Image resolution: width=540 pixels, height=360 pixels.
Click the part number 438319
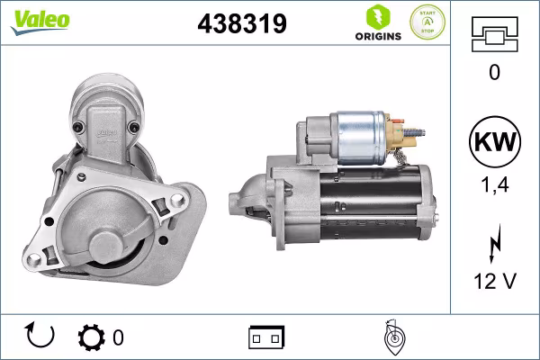(241, 24)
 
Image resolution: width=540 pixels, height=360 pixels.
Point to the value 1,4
(493, 184)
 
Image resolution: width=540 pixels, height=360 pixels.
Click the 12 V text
(493, 282)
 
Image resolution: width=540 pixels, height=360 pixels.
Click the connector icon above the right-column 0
(493, 35)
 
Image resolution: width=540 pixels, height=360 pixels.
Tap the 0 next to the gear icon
(118, 337)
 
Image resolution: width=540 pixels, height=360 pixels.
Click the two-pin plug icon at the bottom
(266, 337)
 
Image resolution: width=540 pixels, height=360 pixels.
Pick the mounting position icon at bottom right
(392, 337)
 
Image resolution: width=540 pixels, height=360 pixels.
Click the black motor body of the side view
(378, 202)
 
